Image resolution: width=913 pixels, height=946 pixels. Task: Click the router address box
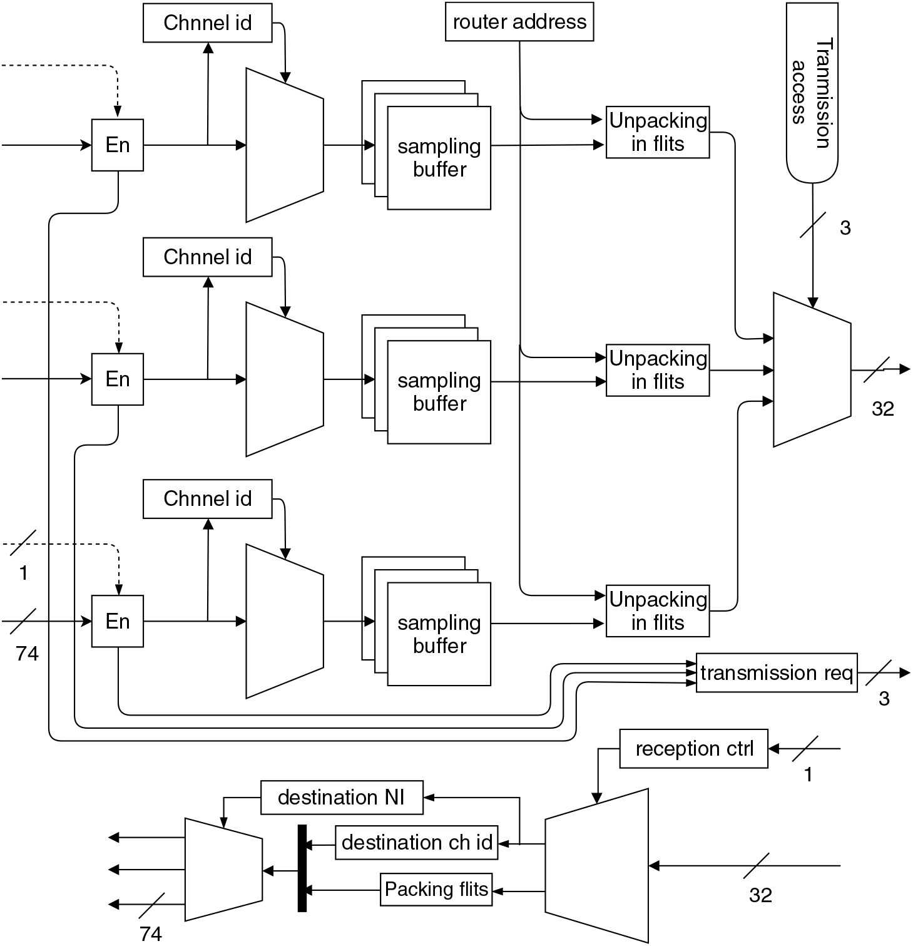[519, 22]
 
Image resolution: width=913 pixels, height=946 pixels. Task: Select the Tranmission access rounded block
[812, 93]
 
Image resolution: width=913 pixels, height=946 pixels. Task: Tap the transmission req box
[776, 673]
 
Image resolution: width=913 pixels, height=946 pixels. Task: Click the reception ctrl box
[693, 749]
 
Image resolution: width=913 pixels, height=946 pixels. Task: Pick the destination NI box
[342, 798]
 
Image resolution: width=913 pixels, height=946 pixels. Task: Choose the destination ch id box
[417, 843]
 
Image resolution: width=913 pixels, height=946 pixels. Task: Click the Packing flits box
[436, 890]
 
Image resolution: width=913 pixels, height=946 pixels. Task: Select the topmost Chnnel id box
[207, 23]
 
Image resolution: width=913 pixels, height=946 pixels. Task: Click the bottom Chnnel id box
[207, 499]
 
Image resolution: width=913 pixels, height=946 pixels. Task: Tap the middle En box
[118, 379]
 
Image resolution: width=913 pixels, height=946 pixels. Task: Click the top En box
[118, 145]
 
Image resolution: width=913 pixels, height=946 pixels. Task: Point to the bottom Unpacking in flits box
[658, 611]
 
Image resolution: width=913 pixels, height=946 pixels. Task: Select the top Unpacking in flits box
[658, 132]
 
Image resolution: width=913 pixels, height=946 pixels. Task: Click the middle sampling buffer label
[439, 392]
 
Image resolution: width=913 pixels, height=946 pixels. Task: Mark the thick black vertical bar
[302, 868]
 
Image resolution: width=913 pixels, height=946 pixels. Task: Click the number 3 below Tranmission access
[845, 228]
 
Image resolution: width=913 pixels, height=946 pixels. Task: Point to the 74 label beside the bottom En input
[27, 654]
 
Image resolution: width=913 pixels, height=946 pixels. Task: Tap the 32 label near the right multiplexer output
[882, 409]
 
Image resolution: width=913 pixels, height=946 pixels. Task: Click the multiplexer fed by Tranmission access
[812, 370]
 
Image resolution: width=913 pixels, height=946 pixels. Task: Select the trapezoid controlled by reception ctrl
[596, 866]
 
